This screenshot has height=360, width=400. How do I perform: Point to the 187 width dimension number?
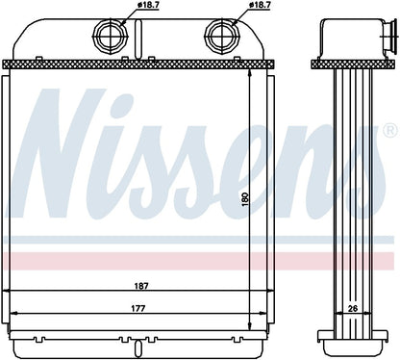tap(141, 286)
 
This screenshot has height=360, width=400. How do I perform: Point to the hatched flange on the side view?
tap(350, 64)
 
